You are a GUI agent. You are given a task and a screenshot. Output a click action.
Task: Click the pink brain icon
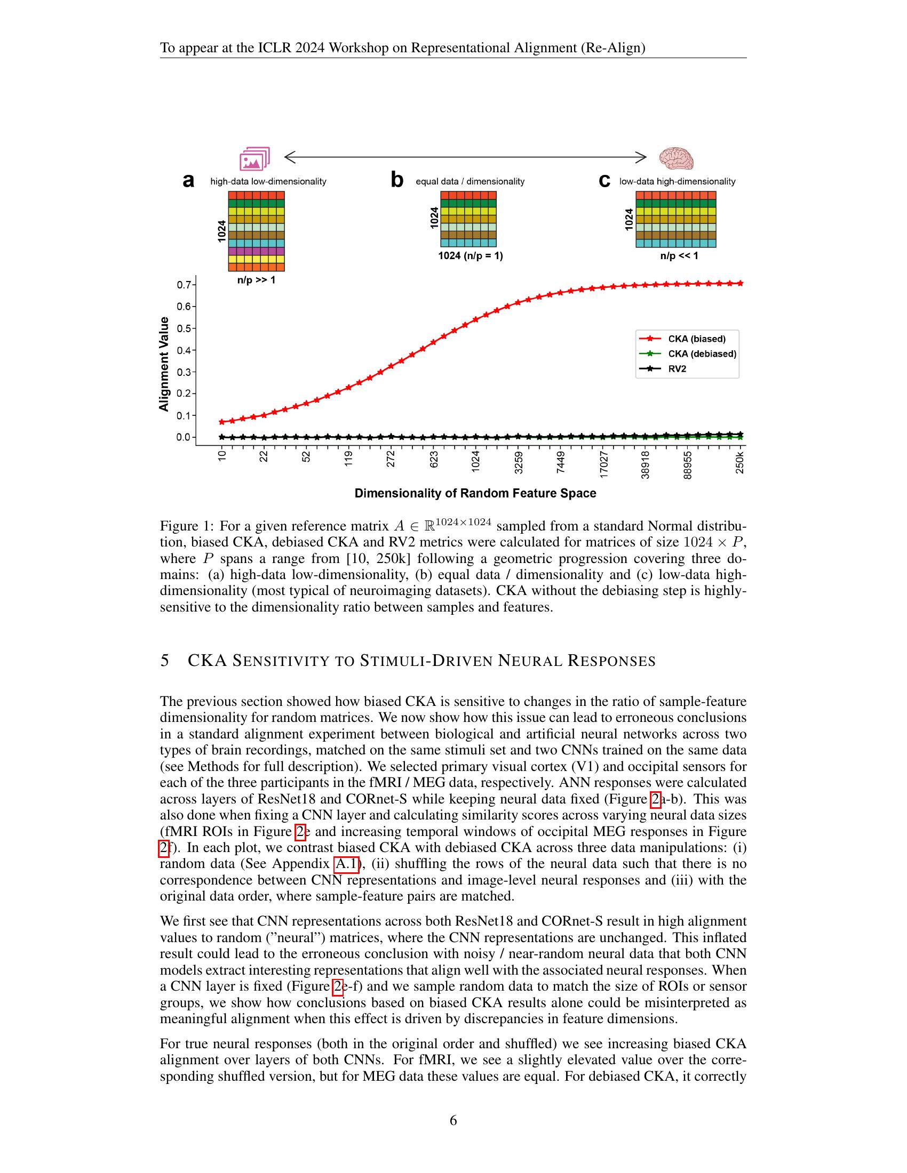pos(676,158)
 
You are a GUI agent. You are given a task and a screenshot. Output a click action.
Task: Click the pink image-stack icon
pos(254,159)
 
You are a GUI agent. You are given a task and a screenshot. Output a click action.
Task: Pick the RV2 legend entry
pos(677,369)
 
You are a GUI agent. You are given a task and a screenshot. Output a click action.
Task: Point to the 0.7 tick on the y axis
pos(183,285)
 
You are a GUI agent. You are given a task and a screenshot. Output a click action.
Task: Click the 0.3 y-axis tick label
pos(183,372)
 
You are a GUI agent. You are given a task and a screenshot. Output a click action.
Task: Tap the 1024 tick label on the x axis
pos(475,462)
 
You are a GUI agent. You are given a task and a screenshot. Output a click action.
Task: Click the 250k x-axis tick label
pos(740,463)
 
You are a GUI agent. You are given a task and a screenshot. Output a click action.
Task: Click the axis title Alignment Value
pos(164,364)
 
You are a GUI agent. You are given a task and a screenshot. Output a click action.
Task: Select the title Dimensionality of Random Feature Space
pos(475,493)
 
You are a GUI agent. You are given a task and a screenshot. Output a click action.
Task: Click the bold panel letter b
pos(396,180)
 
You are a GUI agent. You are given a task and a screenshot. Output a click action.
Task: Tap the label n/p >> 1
pos(256,280)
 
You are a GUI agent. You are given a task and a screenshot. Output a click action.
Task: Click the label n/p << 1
pos(679,255)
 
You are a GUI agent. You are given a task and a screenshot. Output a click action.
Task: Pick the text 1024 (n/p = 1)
pos(470,255)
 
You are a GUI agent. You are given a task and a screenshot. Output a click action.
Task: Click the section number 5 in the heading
pos(165,660)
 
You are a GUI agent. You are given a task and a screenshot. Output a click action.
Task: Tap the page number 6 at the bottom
pos(453,1120)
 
